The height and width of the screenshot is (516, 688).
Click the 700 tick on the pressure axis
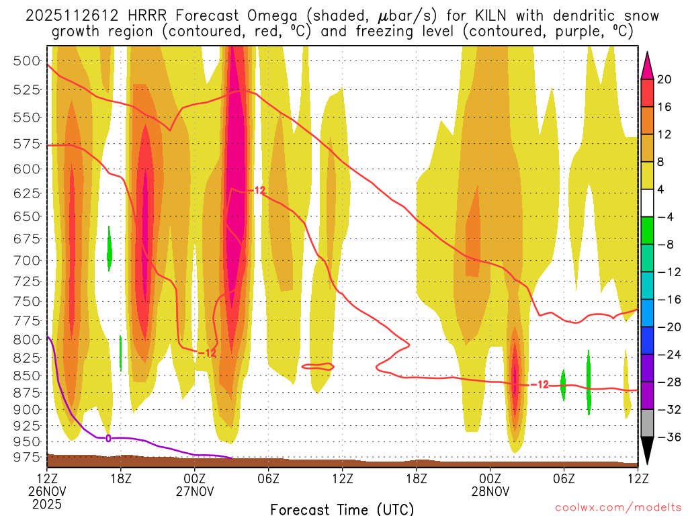click(x=26, y=260)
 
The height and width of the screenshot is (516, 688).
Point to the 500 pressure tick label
click(x=26, y=60)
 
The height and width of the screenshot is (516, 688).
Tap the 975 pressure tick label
click(x=26, y=458)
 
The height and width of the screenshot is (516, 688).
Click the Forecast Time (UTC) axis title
click(x=342, y=509)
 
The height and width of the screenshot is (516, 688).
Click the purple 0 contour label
click(x=108, y=438)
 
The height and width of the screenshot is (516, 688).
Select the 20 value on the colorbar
click(x=664, y=79)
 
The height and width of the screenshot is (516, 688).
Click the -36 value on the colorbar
click(x=664, y=437)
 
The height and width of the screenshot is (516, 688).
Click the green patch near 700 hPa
click(x=110, y=249)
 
